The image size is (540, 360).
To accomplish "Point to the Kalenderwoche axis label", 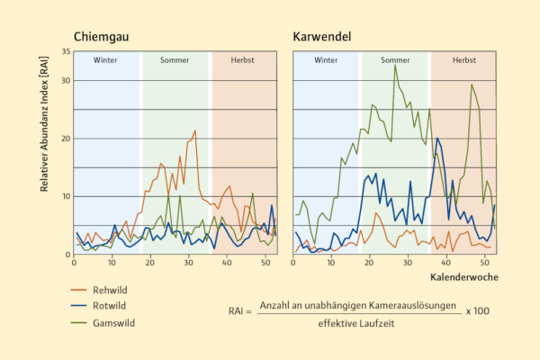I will (463, 276).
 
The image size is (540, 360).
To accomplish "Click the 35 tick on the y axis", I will (63, 51).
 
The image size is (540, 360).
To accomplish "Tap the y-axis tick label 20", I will (63, 139).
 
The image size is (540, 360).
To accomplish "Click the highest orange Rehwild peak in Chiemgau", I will (194, 130).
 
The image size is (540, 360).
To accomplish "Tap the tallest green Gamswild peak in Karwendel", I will (394, 65).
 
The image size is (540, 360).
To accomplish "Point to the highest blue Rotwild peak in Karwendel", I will (437, 138).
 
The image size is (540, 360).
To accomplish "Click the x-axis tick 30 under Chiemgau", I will (189, 262).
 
